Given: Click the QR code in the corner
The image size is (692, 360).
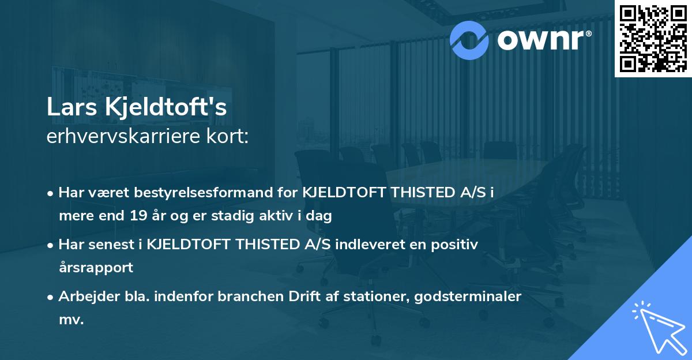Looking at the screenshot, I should (653, 38).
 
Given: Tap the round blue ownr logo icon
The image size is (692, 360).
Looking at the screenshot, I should (469, 39).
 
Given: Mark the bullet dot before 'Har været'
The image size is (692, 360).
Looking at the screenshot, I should (52, 193).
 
